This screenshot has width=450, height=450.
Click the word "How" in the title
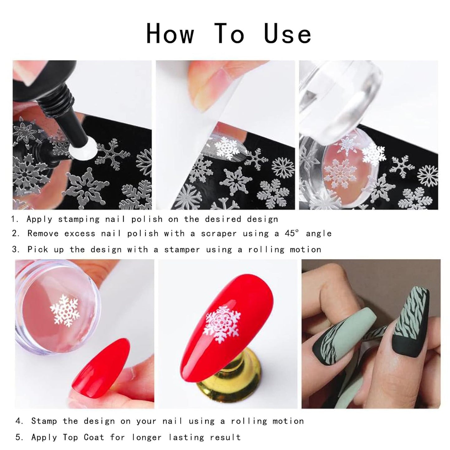click(x=170, y=34)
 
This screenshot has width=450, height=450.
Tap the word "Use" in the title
click(x=287, y=34)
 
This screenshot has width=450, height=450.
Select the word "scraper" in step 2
click(x=219, y=234)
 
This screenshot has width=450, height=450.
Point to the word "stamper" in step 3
click(x=182, y=249)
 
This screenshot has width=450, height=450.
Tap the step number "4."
click(x=20, y=421)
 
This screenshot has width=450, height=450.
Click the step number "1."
click(x=15, y=219)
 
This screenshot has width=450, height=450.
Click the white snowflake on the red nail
click(x=221, y=324)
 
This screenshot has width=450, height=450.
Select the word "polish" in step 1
click(x=147, y=219)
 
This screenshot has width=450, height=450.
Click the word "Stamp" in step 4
click(x=44, y=421)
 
